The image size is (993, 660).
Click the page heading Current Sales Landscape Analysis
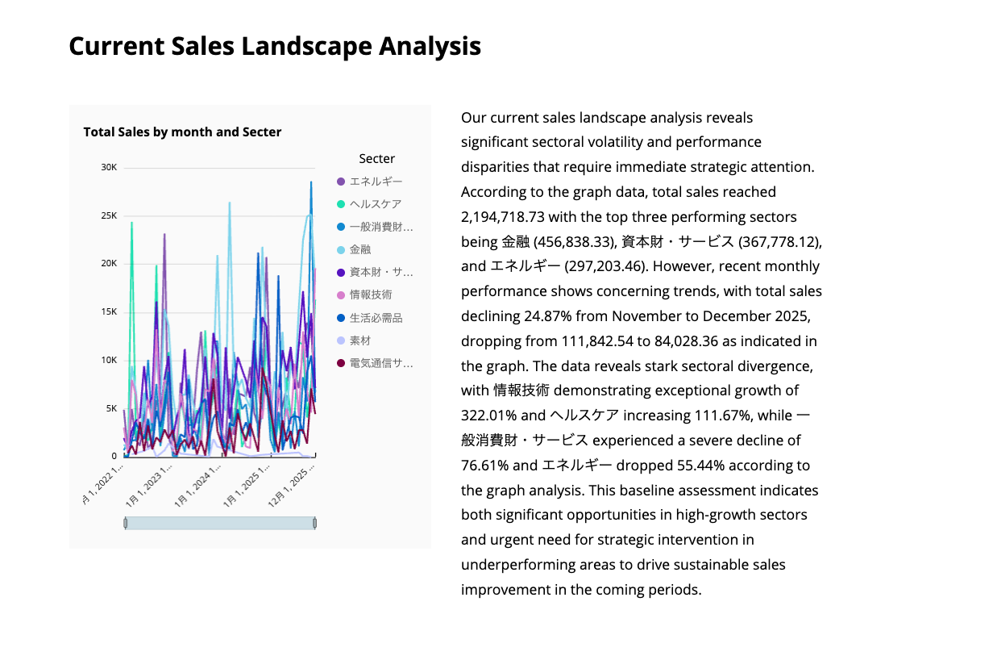click(275, 46)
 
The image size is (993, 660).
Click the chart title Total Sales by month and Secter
click(182, 132)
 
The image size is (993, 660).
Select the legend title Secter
click(376, 159)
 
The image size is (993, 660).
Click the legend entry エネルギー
click(376, 182)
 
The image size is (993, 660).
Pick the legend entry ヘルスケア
click(375, 204)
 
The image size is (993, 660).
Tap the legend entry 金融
click(360, 249)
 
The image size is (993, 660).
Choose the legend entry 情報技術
click(371, 294)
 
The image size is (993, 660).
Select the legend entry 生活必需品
click(376, 318)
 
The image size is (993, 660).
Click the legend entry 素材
click(360, 340)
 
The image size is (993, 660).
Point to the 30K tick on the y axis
click(109, 167)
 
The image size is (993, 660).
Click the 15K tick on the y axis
click(109, 311)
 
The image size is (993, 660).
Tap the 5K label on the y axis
click(111, 408)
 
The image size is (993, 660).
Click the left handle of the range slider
click(126, 524)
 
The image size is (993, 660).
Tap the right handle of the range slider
click(314, 524)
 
